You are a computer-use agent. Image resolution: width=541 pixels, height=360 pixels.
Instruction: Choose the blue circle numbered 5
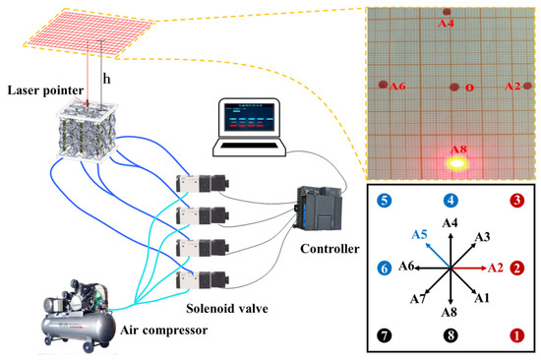[x=385, y=201]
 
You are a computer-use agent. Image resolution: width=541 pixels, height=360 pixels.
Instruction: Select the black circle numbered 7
[x=385, y=334]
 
